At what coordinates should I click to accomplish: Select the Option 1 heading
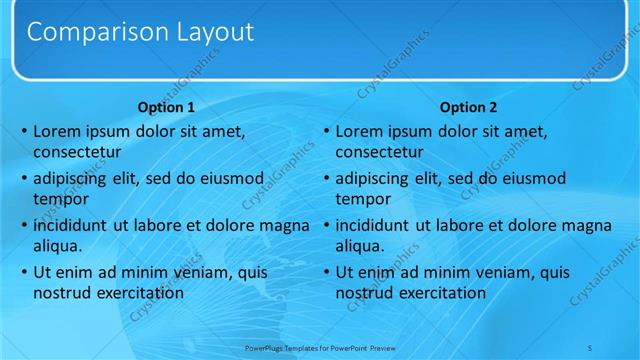[165, 107]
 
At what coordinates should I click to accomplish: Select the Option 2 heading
[468, 107]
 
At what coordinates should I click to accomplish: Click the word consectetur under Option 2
[380, 153]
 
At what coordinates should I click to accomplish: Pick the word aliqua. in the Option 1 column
[57, 246]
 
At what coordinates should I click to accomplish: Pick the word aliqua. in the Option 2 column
[360, 246]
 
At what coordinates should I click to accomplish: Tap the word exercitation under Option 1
[135, 293]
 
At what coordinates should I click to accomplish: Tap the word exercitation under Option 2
[437, 293]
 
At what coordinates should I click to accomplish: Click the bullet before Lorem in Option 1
[23, 131]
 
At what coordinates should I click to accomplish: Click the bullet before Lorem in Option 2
[326, 131]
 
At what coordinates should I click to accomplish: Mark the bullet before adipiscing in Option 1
[23, 178]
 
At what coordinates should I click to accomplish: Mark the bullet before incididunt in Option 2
[326, 225]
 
